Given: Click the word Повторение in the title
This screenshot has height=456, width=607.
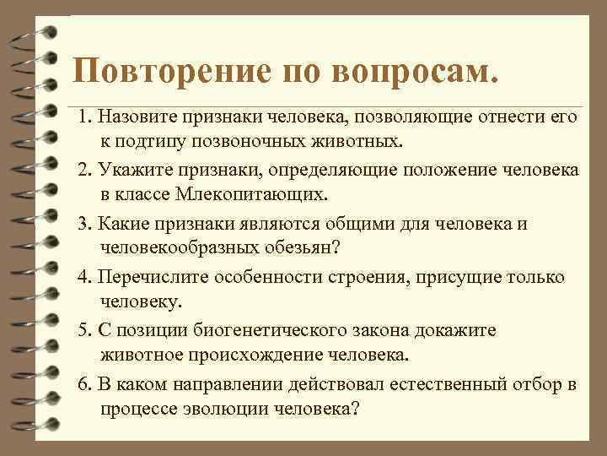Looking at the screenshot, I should tap(169, 73).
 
